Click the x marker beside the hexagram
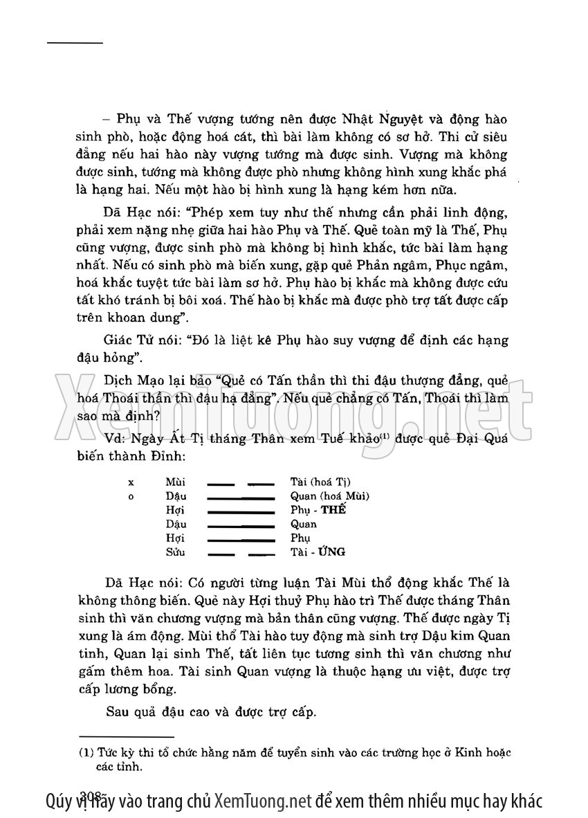pos(131,482)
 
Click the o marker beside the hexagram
pos(131,496)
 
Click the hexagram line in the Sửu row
pos(241,553)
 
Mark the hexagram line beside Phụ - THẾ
pos(241,511)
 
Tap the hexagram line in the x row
pos(241,482)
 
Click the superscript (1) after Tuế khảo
pos(391,437)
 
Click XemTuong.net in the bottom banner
pos(262,801)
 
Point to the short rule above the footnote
pos(127,737)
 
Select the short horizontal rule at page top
pos(75,44)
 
